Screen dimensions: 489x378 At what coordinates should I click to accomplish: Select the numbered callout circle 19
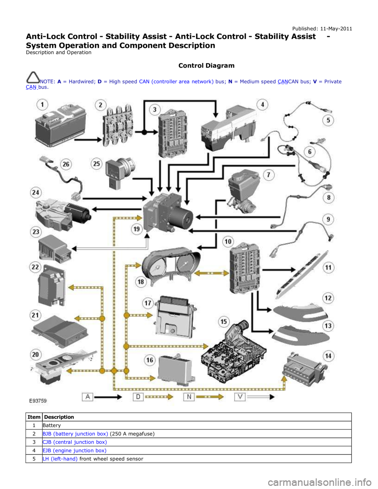pyautogui.click(x=136, y=229)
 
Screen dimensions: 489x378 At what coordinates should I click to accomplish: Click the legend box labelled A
pyautogui.click(x=87, y=396)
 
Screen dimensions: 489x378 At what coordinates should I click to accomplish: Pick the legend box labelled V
pyautogui.click(x=240, y=396)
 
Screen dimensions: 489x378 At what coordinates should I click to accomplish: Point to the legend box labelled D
pyautogui.click(x=138, y=396)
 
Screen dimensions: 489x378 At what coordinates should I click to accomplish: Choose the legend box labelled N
pyautogui.click(x=189, y=396)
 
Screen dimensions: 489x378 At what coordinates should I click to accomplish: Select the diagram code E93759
pyautogui.click(x=38, y=401)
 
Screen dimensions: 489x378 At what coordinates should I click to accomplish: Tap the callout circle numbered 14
pyautogui.click(x=328, y=356)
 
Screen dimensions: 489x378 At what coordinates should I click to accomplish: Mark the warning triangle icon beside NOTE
pyautogui.click(x=33, y=77)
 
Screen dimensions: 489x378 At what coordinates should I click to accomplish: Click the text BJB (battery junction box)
pyautogui.click(x=75, y=433)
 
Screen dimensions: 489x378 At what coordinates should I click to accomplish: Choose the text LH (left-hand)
pyautogui.click(x=60, y=459)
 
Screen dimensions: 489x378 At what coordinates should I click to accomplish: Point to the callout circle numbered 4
pyautogui.click(x=262, y=104)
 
